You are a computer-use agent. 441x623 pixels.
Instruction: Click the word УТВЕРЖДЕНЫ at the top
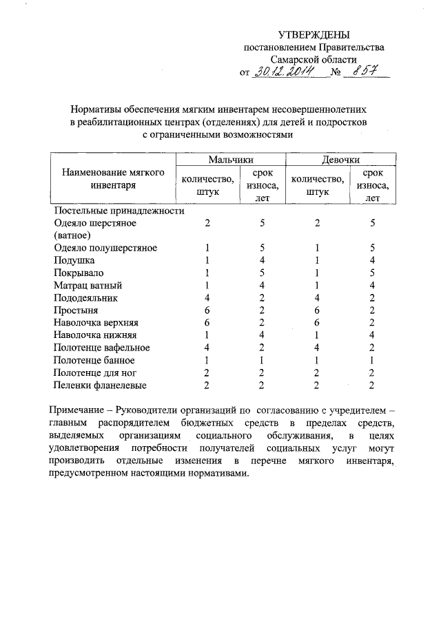314,34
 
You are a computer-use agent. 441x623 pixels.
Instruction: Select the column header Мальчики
228,160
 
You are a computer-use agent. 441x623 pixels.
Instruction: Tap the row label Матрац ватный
88,285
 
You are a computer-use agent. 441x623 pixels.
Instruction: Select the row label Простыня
75,310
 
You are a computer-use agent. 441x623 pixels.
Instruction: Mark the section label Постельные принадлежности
119,211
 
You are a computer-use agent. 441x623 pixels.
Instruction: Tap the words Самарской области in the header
314,59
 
